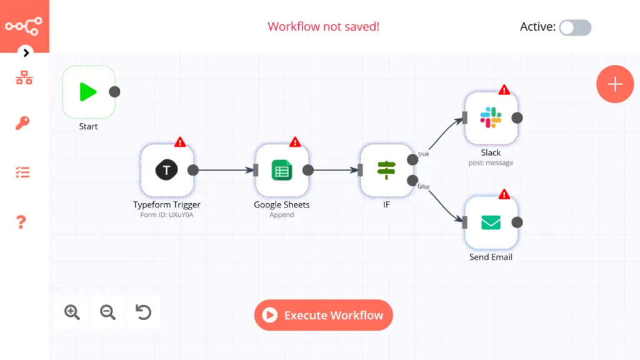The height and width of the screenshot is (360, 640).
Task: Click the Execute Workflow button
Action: pos(323,315)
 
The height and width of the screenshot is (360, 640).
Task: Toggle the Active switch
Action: pos(574,27)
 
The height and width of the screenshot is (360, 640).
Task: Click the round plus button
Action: pos(615,84)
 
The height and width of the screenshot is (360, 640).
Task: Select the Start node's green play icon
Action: pos(88,92)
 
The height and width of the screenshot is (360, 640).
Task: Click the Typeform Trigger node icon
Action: pos(167,170)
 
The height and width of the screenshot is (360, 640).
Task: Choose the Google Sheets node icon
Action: pos(282,170)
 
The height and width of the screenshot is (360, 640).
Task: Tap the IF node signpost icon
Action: pos(386,170)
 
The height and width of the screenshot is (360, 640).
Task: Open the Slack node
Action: pos(491,118)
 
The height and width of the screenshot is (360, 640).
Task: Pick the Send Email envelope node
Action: pos(491,222)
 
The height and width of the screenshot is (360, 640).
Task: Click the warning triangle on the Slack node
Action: pos(504,90)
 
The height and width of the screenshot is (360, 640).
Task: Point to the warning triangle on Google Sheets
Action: pos(295,142)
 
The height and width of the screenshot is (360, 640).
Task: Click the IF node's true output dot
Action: pos(412,159)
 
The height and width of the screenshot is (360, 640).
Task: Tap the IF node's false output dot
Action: pos(412,181)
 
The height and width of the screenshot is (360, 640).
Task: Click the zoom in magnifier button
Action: pos(72,312)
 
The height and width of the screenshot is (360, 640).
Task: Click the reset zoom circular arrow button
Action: pos(144,312)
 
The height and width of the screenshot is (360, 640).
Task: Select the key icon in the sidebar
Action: pos(23,123)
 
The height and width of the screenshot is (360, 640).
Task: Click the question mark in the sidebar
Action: pos(21,222)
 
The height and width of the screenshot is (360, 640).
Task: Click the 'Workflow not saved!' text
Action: pos(323,27)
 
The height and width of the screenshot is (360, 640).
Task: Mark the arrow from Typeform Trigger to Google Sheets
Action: pos(225,170)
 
